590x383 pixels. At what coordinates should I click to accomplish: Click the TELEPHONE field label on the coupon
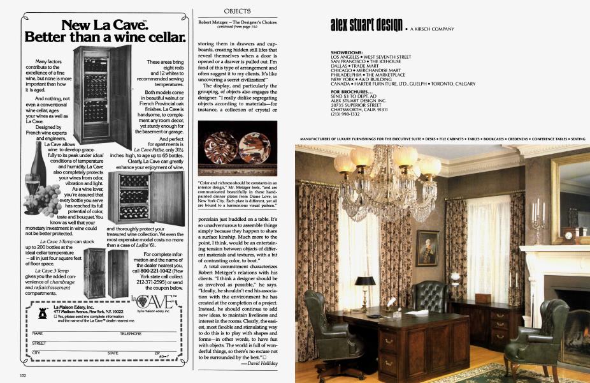(131, 333)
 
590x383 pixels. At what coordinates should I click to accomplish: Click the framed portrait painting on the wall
(427, 248)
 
